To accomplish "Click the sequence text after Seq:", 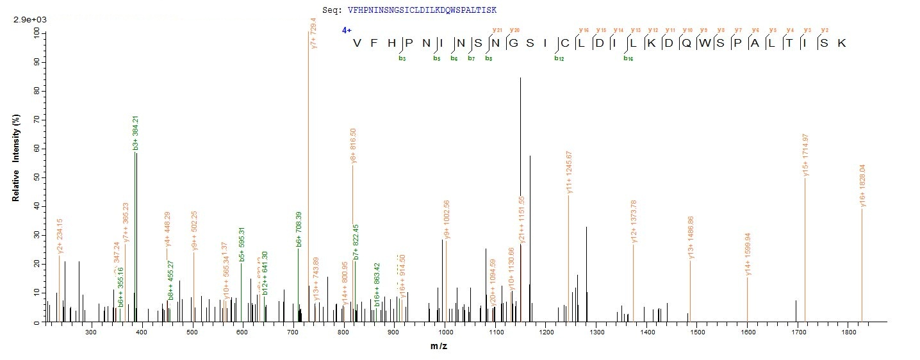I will click(x=422, y=10).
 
